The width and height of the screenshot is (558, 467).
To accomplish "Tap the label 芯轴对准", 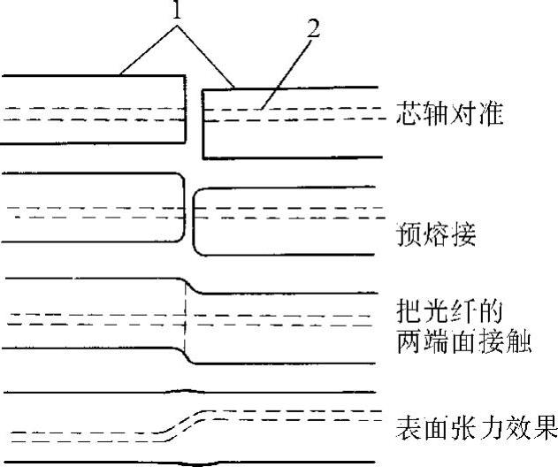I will (448, 117).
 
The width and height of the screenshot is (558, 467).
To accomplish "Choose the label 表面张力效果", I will (476, 427).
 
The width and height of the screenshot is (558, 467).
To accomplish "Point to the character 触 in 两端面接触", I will (520, 342).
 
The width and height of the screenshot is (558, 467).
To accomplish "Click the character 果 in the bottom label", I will (545, 427).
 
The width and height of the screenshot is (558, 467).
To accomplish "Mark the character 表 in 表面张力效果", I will (407, 427).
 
